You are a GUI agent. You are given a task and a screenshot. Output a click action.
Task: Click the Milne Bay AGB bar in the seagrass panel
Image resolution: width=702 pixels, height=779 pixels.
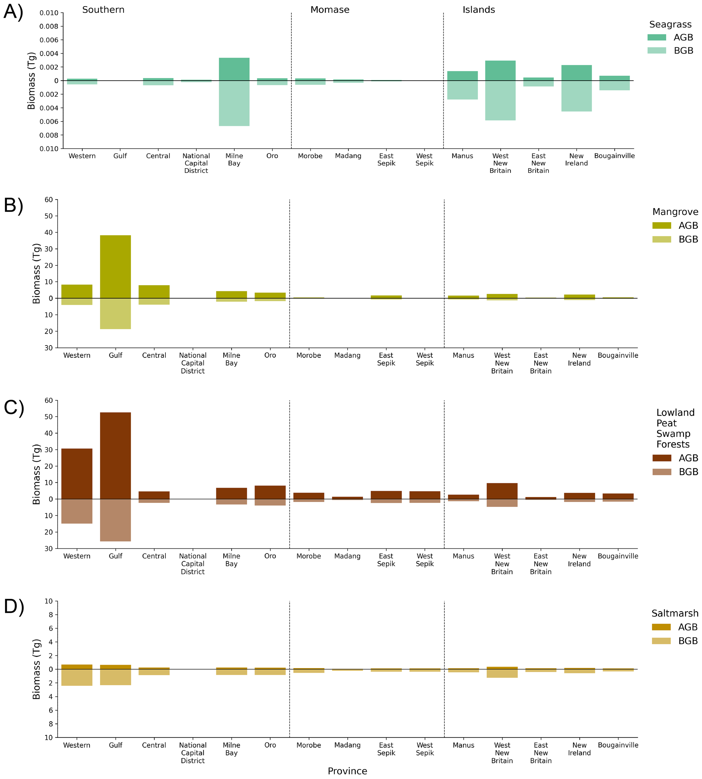pos(234,69)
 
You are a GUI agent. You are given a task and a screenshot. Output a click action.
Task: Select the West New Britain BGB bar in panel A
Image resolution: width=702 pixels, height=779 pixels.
pos(500,101)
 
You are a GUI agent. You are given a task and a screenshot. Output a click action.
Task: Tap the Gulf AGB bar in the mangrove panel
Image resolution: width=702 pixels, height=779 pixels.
pos(115,266)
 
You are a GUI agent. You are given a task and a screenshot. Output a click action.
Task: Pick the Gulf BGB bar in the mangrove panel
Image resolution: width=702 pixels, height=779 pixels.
pos(115,313)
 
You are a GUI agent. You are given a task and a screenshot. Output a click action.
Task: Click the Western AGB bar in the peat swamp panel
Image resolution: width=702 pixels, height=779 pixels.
pos(77,474)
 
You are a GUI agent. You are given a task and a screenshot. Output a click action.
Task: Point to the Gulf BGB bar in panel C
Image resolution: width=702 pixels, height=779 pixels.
pos(115,520)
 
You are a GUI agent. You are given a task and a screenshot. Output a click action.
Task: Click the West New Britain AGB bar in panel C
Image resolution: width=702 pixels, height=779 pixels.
pos(502,491)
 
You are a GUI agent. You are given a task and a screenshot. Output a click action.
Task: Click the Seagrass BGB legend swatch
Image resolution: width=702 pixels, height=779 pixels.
pos(657,50)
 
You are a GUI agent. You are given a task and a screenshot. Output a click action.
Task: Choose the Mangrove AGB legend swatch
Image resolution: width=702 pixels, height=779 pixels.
pos(661,226)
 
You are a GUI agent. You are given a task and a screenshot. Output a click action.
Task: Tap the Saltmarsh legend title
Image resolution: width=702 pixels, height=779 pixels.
pos(675,613)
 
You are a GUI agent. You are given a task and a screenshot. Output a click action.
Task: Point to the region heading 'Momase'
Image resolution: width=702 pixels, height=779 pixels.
pos(330,10)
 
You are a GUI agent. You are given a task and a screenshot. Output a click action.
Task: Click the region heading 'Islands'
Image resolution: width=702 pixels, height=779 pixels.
pos(479,10)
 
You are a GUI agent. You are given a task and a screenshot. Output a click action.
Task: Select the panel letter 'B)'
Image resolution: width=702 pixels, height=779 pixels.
pos(13,205)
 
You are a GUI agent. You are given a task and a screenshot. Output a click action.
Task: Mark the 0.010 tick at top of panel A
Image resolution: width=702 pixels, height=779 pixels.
pos(49,13)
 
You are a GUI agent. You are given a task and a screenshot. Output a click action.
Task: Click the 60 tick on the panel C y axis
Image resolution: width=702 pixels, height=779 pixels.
pos(49,400)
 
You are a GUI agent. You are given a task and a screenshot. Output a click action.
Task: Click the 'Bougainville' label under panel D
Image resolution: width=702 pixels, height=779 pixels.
pos(618,745)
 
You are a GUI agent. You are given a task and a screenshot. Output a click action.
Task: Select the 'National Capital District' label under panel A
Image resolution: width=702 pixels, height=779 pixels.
pos(196,163)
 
